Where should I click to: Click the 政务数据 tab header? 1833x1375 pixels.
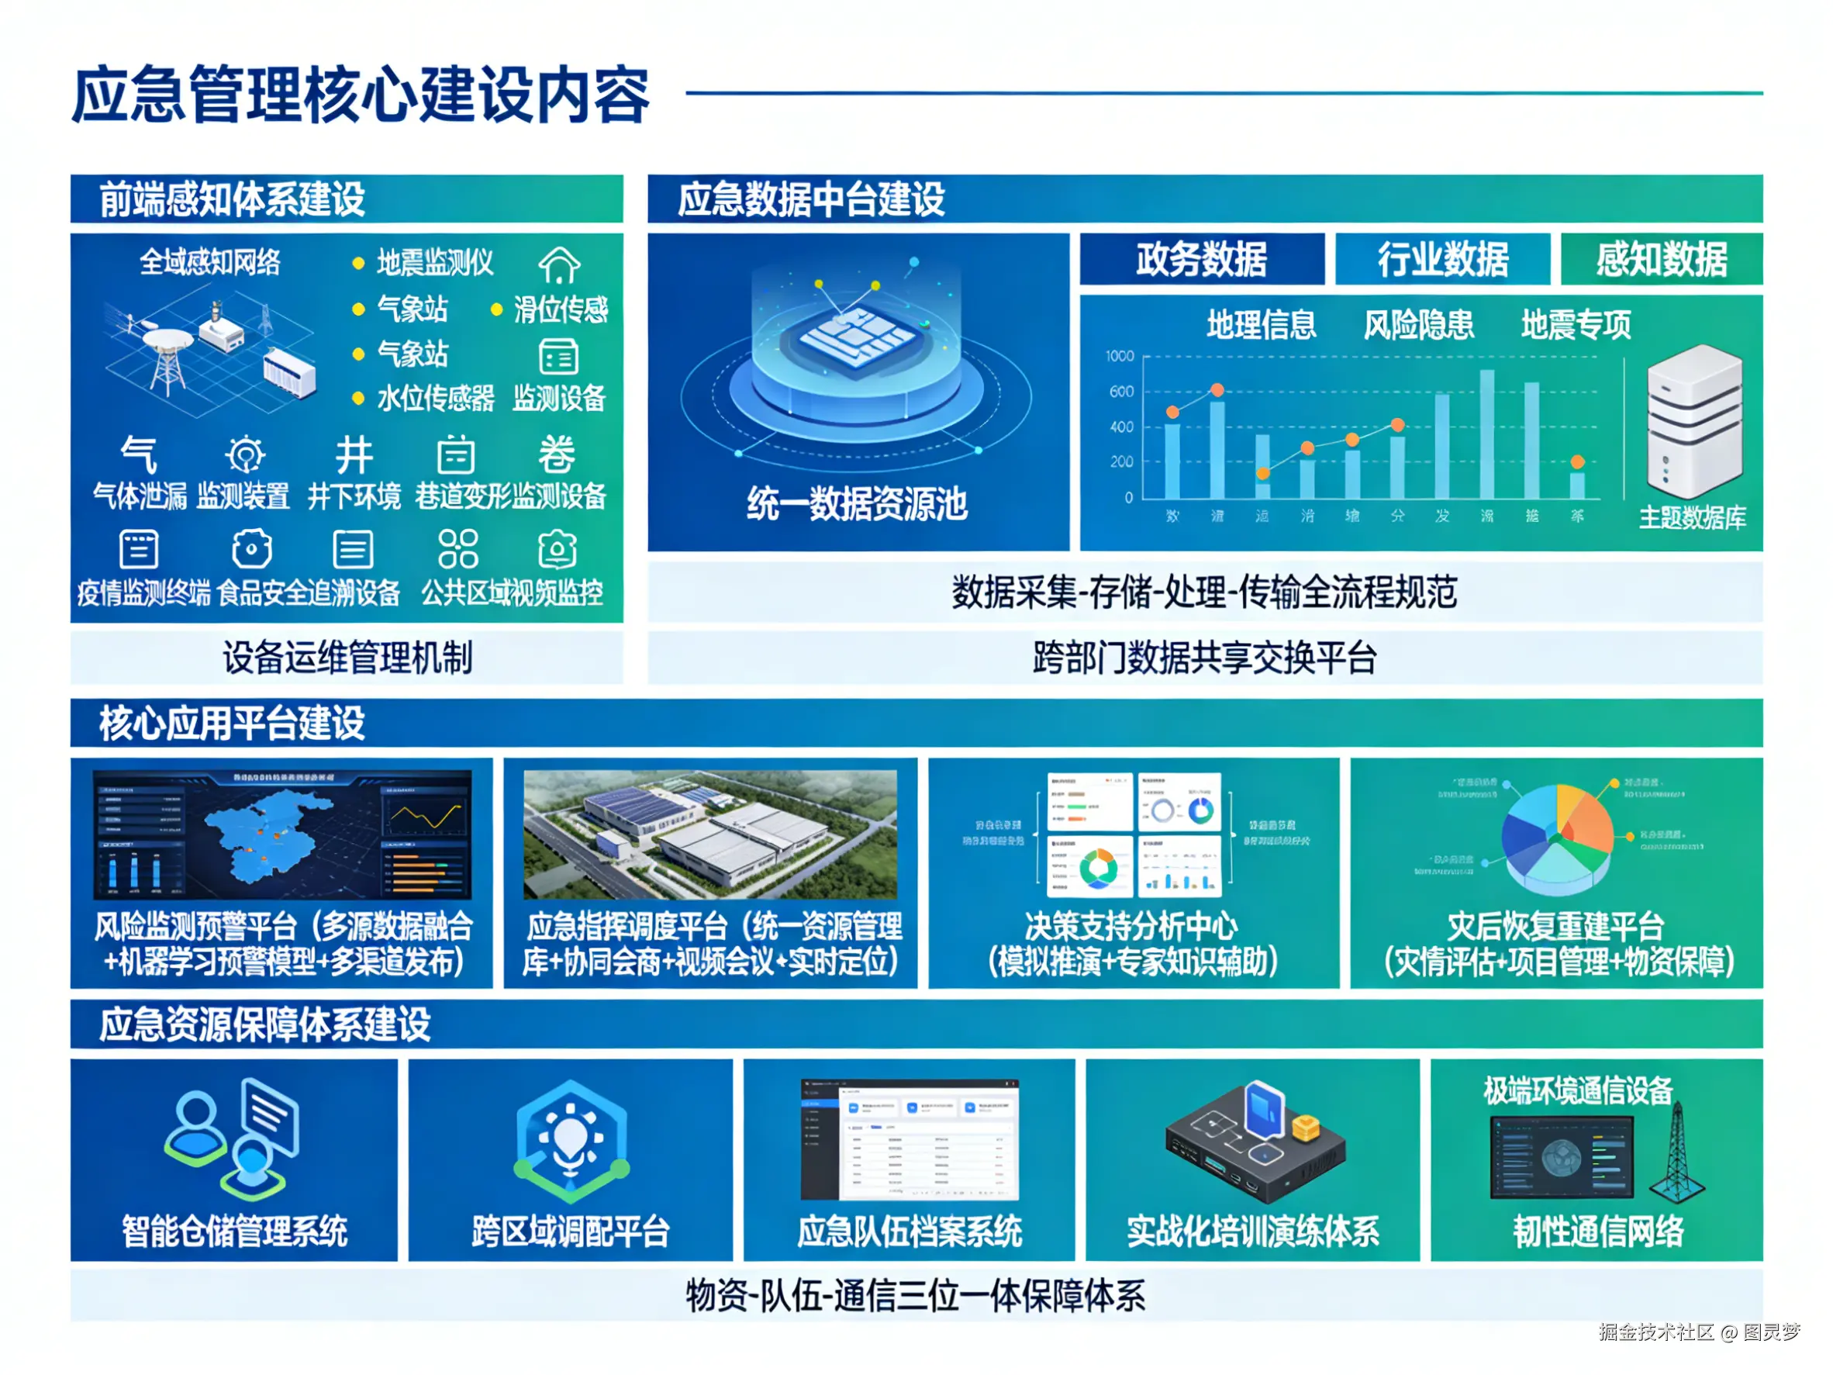point(1201,260)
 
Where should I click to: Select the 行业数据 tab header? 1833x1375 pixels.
point(1442,260)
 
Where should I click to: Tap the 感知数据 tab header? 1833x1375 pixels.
point(1661,260)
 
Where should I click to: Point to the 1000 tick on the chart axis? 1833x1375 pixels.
point(1120,357)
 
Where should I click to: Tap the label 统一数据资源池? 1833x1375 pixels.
point(857,504)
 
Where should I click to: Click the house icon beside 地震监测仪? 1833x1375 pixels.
point(559,265)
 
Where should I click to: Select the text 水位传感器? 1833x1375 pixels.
point(435,399)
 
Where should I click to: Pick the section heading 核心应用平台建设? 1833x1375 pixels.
point(232,723)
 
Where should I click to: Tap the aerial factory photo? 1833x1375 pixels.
point(709,834)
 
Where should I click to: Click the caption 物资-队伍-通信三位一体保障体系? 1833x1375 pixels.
point(916,1295)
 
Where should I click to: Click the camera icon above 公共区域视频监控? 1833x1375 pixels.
point(557,548)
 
